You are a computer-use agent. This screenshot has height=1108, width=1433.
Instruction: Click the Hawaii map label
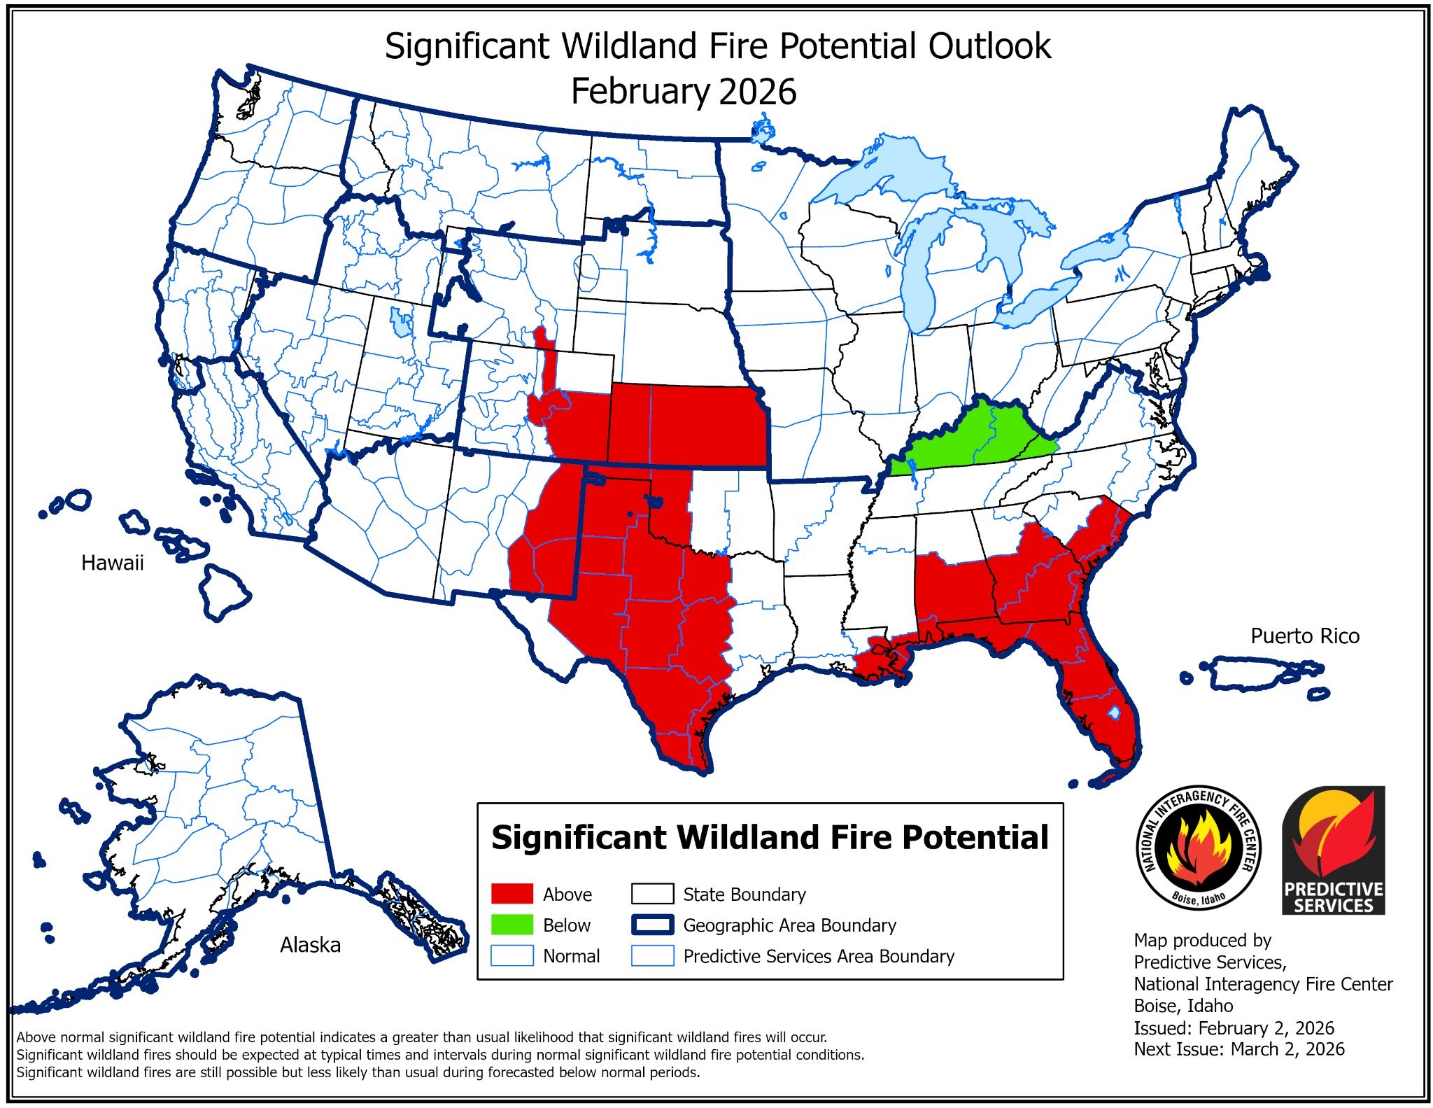point(112,563)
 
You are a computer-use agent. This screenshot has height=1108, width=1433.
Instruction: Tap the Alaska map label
point(310,945)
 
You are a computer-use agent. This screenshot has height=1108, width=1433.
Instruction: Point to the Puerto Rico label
point(1304,636)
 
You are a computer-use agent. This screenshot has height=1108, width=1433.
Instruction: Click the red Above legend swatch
point(511,894)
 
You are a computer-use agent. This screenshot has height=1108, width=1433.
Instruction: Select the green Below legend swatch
point(511,925)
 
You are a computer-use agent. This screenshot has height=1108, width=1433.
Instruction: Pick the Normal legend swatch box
point(511,955)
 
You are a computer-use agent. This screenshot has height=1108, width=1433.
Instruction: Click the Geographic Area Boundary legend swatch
point(651,925)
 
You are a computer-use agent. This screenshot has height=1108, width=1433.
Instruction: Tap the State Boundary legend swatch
point(651,894)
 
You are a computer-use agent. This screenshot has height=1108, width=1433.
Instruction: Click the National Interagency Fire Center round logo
point(1198,848)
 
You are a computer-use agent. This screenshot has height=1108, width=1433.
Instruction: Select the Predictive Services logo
point(1333,850)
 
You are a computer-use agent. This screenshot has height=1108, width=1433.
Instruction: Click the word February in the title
point(640,92)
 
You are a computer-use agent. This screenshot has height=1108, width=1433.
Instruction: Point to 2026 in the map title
point(757,92)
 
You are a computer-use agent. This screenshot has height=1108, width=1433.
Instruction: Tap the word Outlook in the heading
point(989,46)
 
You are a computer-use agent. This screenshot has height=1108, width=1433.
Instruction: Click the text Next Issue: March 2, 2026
point(1238,1049)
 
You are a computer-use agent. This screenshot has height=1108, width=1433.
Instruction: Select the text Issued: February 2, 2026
point(1234,1028)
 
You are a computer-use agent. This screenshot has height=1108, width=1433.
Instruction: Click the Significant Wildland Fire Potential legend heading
point(770,837)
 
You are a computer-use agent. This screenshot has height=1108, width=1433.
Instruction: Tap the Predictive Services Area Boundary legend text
point(818,956)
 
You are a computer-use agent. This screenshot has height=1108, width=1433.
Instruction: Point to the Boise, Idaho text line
point(1183,1006)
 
